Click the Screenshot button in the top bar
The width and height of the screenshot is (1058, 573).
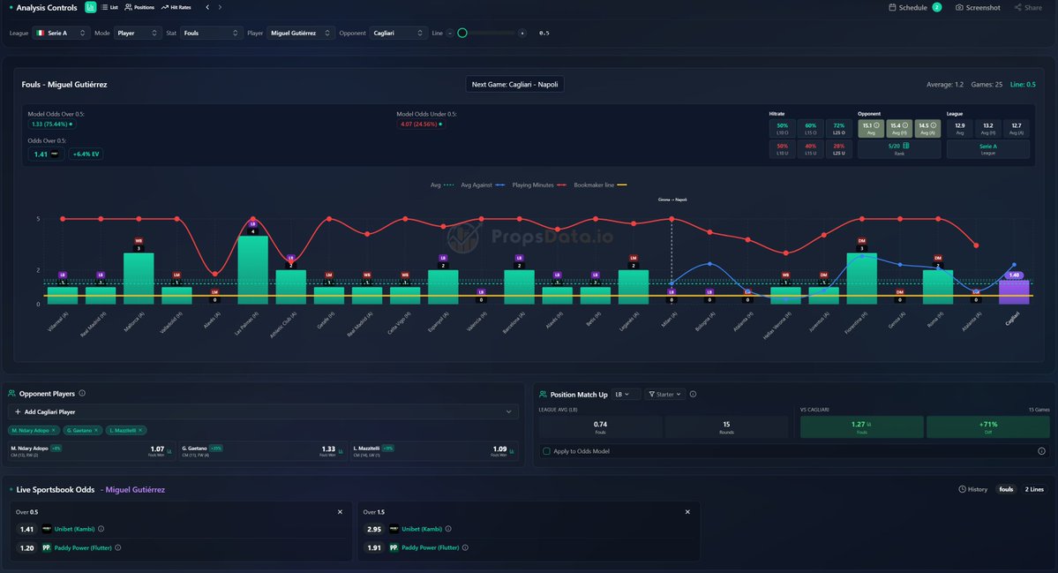click(978, 8)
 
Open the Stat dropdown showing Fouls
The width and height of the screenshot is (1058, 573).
click(212, 33)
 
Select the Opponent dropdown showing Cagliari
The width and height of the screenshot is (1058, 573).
click(398, 33)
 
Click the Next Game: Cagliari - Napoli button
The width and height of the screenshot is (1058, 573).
click(514, 85)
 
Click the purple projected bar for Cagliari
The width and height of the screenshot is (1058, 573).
click(1013, 292)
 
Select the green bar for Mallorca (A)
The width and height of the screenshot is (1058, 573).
click(139, 278)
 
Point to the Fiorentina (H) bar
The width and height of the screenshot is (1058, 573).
click(861, 278)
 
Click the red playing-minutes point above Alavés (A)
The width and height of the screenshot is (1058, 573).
click(214, 274)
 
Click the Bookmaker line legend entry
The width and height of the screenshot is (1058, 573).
click(593, 185)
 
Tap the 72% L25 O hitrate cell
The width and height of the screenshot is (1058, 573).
click(838, 129)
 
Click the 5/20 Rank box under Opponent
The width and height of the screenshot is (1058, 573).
click(899, 149)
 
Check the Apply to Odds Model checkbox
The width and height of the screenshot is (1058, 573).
click(547, 451)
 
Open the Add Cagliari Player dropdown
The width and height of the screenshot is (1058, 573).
click(263, 411)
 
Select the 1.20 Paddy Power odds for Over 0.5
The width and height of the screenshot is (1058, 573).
click(26, 547)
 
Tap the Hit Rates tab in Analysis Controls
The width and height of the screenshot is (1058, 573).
click(176, 7)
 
